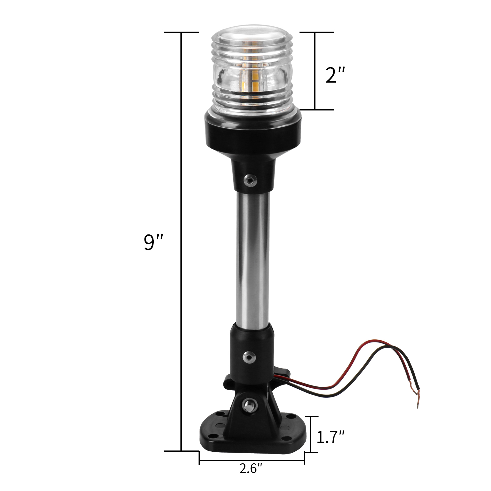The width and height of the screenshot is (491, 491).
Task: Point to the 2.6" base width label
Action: pos(251,468)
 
